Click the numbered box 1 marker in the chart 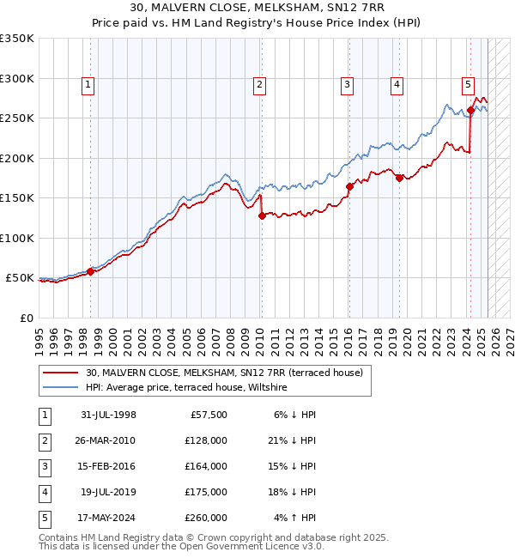pos(89,84)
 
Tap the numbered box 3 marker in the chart pos(347,84)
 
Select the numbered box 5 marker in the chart pos(468,84)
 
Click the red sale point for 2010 pos(262,216)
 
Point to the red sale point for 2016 pos(349,186)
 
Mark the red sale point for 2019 pos(399,178)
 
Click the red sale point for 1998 pos(90,272)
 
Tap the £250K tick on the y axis pos(17,118)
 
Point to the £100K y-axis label pos(17,238)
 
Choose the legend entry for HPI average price pos(186,388)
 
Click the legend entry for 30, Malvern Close pos(225,373)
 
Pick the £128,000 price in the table pos(206,440)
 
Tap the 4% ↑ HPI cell pos(297,518)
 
